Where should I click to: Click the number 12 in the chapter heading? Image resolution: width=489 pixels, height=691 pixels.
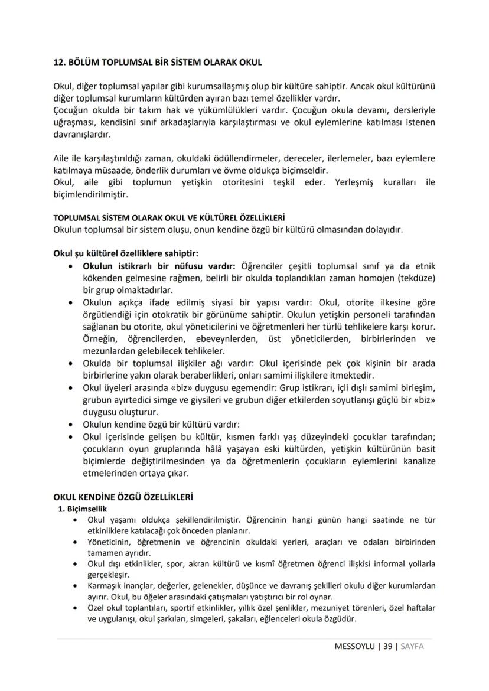[59, 62]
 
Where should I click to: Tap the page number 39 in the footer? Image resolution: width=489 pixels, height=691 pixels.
[387, 646]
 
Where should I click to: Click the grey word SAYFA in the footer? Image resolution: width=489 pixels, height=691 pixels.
[412, 646]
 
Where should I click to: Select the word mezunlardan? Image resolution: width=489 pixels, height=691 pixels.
[108, 350]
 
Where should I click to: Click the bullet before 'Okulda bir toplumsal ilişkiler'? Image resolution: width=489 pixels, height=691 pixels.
[71, 363]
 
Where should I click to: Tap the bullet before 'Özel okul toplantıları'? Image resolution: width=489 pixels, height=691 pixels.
[75, 607]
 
